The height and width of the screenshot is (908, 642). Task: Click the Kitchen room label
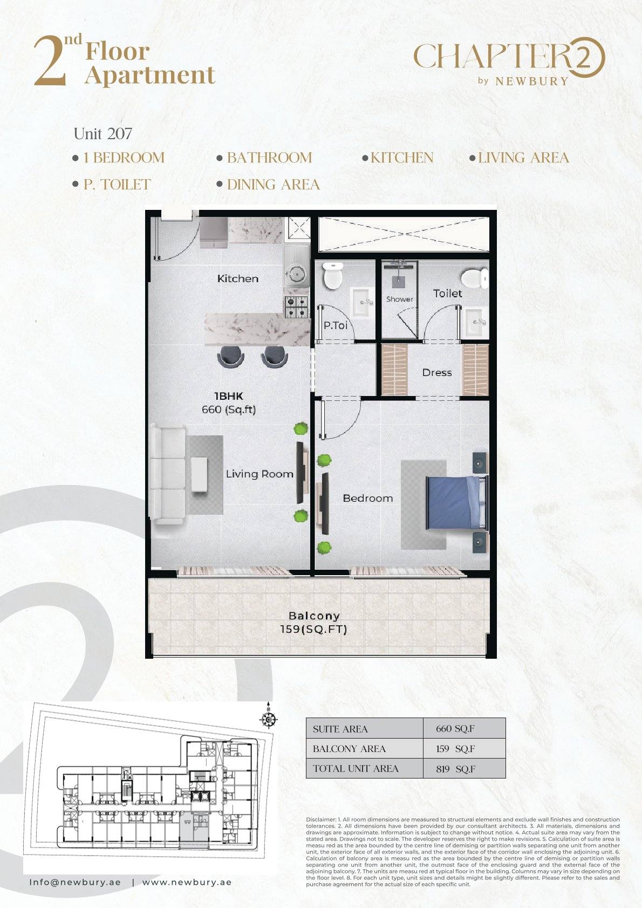coord(237,278)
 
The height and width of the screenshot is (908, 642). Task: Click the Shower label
coord(400,299)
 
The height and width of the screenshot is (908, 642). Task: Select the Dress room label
coord(437,372)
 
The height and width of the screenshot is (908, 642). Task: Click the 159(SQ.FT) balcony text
coord(313,629)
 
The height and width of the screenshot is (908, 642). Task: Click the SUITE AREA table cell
coord(364,729)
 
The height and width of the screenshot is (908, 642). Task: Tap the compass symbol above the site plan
coord(268,720)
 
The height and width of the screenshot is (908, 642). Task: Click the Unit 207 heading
coord(103,134)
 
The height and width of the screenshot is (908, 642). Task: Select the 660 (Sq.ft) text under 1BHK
coord(229,410)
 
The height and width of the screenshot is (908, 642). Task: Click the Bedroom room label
coord(368,498)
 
